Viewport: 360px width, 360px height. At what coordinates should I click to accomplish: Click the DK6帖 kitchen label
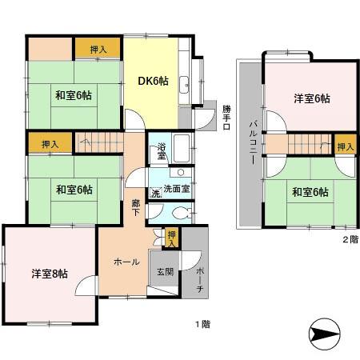click(152, 81)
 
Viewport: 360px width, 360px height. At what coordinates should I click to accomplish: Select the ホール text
click(126, 262)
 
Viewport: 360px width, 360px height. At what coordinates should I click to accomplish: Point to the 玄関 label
click(165, 271)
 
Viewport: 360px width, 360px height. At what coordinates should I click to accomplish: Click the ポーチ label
click(198, 276)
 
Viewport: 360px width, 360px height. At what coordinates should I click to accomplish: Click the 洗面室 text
click(176, 190)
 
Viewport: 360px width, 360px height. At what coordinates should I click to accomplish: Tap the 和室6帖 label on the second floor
click(310, 192)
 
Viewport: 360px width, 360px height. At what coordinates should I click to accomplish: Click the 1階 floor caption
click(202, 324)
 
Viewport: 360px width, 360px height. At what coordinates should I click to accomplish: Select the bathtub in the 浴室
click(181, 148)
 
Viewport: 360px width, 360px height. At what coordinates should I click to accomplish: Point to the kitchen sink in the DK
click(184, 82)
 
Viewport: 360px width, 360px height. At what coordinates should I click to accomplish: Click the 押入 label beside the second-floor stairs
click(344, 147)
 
